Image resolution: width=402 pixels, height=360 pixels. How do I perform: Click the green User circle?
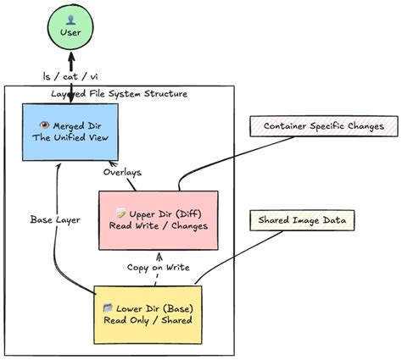70,26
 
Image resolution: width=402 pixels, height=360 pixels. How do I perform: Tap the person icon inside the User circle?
70,20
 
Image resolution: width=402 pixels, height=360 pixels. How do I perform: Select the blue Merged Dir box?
70,132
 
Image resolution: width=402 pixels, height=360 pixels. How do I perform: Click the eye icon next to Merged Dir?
45,125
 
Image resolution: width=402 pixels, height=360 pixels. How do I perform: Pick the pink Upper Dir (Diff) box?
159,220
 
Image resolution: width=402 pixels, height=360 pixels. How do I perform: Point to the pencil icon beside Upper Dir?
121,213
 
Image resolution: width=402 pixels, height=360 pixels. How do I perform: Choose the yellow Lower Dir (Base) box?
148,315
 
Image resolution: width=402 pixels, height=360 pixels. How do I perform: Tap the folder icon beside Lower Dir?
108,307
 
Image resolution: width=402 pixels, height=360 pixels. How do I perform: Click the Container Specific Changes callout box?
324,126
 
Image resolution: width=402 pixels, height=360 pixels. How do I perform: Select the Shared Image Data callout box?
302,220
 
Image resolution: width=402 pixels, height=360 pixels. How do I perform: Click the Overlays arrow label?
122,172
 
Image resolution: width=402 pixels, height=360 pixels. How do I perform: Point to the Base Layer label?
55,219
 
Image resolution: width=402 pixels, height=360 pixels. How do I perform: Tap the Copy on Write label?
159,267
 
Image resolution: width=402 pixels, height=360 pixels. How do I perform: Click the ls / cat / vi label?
70,76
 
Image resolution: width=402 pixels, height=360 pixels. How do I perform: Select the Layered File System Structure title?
119,94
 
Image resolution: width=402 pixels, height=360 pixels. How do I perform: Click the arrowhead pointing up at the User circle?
71,57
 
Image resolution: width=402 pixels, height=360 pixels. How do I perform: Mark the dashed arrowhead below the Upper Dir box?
160,256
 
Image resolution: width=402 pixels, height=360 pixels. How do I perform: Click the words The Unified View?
70,138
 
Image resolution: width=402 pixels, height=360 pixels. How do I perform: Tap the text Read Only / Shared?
148,320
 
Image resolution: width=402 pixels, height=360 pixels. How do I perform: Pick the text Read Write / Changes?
159,226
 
